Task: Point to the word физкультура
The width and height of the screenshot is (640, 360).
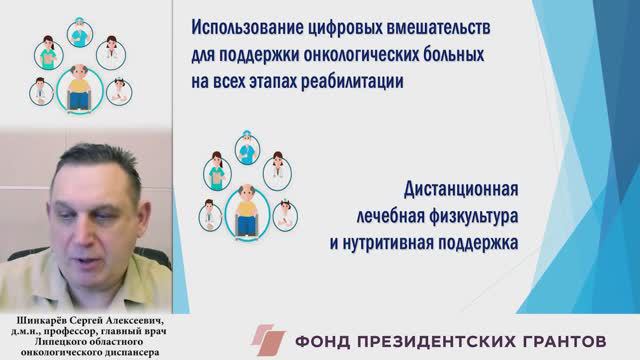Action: pyautogui.click(x=456, y=217)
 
